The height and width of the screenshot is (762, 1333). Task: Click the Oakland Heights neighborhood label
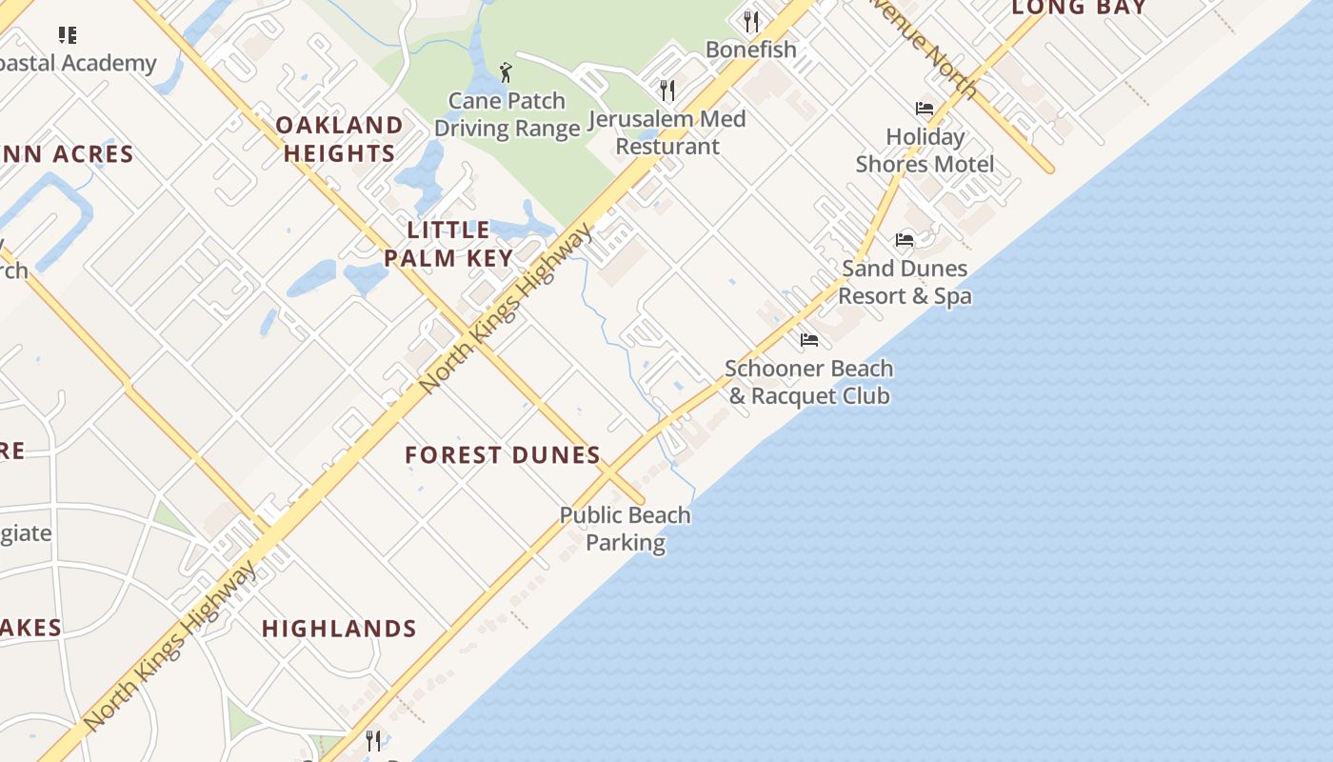pos(339,139)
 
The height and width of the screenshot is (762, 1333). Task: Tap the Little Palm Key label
pos(448,244)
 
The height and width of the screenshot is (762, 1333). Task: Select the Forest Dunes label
pos(503,455)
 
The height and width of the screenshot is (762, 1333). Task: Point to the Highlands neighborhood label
pos(339,629)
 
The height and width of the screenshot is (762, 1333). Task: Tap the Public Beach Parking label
pos(625,529)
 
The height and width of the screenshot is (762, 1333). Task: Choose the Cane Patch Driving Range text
pos(507,114)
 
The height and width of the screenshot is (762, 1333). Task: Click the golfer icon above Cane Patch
pos(506,72)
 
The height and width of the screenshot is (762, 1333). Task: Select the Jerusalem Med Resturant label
pos(666,132)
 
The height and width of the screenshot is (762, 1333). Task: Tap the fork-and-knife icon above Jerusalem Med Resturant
pos(667,90)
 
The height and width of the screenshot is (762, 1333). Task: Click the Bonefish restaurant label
pos(751,50)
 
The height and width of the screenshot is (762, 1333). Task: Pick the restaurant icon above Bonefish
pos(751,21)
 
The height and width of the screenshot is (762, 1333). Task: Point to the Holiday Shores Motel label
pos(925,150)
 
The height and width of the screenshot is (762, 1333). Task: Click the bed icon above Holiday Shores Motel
pos(924,109)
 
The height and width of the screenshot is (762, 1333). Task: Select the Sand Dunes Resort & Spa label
pos(905,282)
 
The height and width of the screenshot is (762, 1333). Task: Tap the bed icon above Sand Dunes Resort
pos(905,240)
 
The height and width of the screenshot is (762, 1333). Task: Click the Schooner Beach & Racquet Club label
pos(809,382)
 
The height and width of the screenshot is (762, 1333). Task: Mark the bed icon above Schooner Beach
pos(809,339)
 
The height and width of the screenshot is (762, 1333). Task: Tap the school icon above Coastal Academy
pos(67,35)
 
